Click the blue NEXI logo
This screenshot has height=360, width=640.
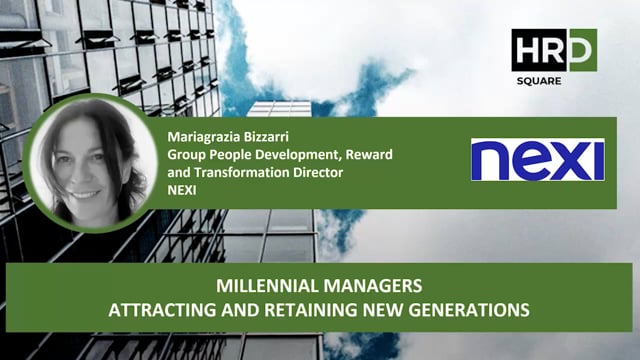click(x=537, y=160)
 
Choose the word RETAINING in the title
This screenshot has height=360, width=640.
click(x=283, y=309)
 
